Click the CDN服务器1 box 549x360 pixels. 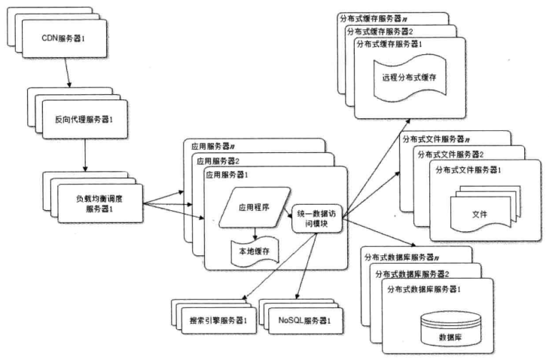pyautogui.click(x=64, y=38)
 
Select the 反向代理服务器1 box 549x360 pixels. pyautogui.click(x=85, y=119)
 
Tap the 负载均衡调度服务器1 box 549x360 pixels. pyautogui.click(x=100, y=203)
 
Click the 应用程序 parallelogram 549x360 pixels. pyautogui.click(x=255, y=207)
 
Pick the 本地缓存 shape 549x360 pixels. pyautogui.click(x=255, y=251)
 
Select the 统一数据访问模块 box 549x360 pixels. pyautogui.click(x=316, y=218)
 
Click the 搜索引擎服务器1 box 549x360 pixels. pyautogui.click(x=219, y=320)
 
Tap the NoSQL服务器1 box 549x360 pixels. pyautogui.click(x=305, y=320)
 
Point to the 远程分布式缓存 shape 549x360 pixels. pyautogui.click(x=410, y=78)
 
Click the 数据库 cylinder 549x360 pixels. pyautogui.click(x=450, y=329)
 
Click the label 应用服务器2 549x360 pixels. pyautogui.click(x=218, y=161)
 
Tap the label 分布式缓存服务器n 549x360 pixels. pyautogui.click(x=374, y=19)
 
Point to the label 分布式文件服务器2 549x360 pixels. pyautogui.click(x=450, y=154)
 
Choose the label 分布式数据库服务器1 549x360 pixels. pyautogui.click(x=424, y=289)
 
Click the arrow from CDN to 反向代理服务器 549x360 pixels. pyautogui.click(x=67, y=72)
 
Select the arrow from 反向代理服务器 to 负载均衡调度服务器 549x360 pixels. pyautogui.click(x=85, y=155)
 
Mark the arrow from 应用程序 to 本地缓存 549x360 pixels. pyautogui.click(x=255, y=233)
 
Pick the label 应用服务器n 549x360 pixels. pyautogui.click(x=213, y=146)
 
